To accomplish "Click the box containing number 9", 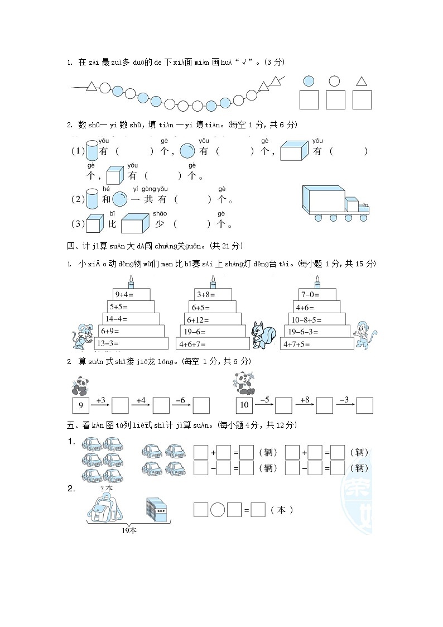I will tap(81, 405).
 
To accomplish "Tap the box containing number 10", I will tap(244, 405).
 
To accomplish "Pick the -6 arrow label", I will tap(181, 400).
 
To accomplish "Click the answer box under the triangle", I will tap(362, 100).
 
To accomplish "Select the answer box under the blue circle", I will tap(309, 100).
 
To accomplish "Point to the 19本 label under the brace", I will tap(129, 530).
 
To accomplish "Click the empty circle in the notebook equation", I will tap(218, 510).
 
